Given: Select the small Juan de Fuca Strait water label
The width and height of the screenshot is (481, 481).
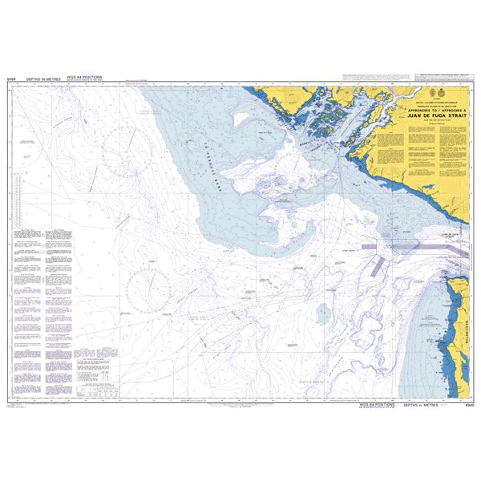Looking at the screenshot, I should point(453,236).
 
